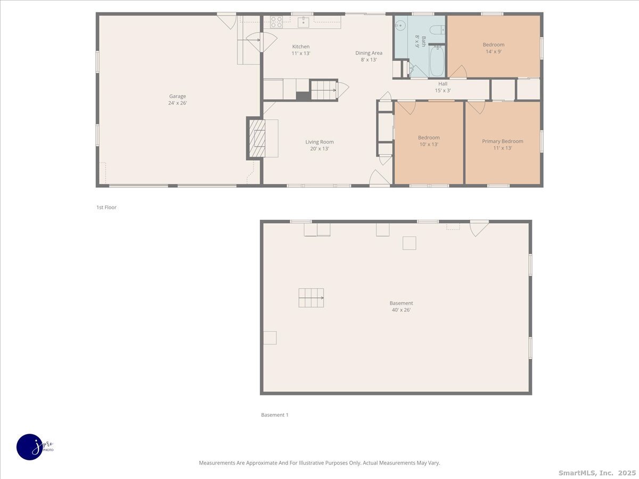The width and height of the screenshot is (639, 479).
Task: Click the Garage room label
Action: click(x=177, y=100)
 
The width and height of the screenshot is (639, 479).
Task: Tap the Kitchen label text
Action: click(x=300, y=49)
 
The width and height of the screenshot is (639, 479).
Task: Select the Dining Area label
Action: click(x=368, y=56)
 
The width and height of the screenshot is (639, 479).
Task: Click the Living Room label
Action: click(x=319, y=145)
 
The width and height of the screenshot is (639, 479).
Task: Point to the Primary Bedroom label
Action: click(x=502, y=144)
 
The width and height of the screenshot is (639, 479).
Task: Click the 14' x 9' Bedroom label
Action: click(x=493, y=48)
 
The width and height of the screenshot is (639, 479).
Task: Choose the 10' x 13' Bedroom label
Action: click(x=428, y=141)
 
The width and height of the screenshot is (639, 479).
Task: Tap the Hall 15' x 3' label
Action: click(x=443, y=87)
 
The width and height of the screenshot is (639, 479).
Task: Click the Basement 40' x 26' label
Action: click(x=401, y=306)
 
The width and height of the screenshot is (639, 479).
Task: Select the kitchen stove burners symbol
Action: click(x=276, y=22)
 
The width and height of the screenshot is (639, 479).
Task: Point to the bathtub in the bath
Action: click(x=437, y=61)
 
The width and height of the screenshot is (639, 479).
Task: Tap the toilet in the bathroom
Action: click(x=438, y=30)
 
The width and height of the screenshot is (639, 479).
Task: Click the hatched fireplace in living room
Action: click(x=258, y=138)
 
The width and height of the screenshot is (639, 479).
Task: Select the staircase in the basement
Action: click(x=311, y=298)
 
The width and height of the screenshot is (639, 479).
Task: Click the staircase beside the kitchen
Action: click(x=324, y=90)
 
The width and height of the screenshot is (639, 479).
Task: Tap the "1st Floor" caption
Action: click(x=106, y=208)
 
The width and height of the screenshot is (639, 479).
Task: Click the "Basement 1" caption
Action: click(x=274, y=415)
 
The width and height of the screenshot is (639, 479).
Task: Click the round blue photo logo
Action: click(x=30, y=447)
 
